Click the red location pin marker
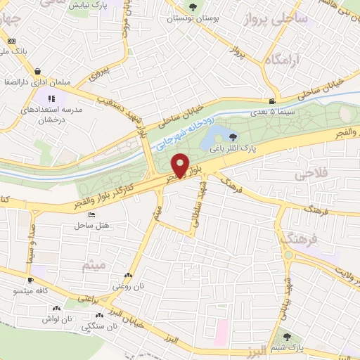(x=181, y=165)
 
